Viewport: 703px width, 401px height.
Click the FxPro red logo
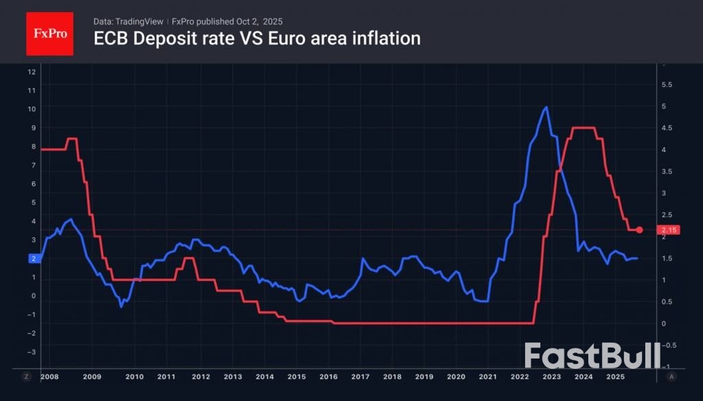tap(49, 33)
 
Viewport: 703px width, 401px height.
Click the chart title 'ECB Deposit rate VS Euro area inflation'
tap(257, 38)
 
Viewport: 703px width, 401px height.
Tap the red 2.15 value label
tap(669, 230)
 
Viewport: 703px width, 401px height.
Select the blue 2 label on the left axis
tap(33, 258)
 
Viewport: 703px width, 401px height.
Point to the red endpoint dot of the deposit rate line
tap(640, 230)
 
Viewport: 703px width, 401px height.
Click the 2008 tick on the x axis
tap(49, 377)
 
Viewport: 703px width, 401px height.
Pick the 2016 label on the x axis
tap(329, 377)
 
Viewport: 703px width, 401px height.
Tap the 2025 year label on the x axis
tap(614, 377)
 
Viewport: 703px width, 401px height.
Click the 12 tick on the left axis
tap(32, 72)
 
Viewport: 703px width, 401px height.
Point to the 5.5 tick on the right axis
tap(666, 85)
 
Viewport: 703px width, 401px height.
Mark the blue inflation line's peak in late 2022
tap(546, 107)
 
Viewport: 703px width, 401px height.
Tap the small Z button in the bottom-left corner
tap(27, 377)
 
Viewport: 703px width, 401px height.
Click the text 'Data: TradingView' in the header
tap(128, 22)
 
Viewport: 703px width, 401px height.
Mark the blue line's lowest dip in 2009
tap(122, 306)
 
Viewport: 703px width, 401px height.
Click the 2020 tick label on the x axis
tap(457, 377)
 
